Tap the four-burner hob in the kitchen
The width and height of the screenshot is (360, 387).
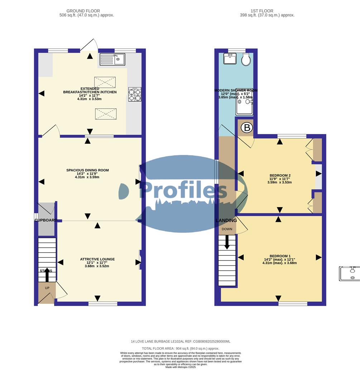(135, 94)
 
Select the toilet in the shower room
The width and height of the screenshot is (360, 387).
(246, 59)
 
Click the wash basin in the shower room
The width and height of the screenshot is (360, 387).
(230, 58)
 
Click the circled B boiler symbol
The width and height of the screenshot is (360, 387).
(246, 128)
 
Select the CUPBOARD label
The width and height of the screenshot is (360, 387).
(46, 220)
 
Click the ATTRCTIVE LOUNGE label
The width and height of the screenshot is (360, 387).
(97, 259)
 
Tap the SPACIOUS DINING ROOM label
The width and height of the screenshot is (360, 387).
(87, 170)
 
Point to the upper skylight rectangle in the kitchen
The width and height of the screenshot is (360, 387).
(105, 82)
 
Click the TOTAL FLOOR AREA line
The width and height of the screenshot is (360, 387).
(181, 348)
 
